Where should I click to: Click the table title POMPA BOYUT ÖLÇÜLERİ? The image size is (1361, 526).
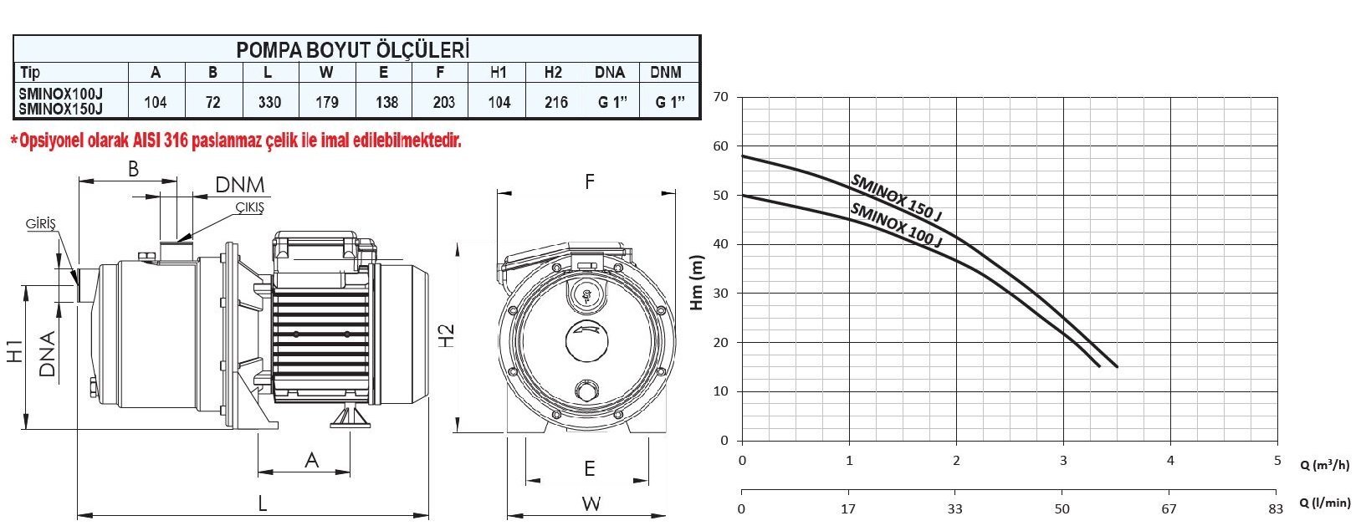click(x=352, y=50)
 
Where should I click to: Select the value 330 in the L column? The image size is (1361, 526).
click(x=269, y=102)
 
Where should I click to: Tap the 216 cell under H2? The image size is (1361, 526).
click(x=556, y=102)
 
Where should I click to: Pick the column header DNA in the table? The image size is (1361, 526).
click(x=610, y=72)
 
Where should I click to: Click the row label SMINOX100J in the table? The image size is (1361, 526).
click(x=61, y=94)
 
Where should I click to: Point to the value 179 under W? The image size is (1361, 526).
click(x=327, y=102)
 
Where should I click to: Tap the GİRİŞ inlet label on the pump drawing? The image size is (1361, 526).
click(x=40, y=223)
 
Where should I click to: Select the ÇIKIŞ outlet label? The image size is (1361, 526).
click(x=250, y=207)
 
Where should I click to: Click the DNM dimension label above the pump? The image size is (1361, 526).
click(x=240, y=185)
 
